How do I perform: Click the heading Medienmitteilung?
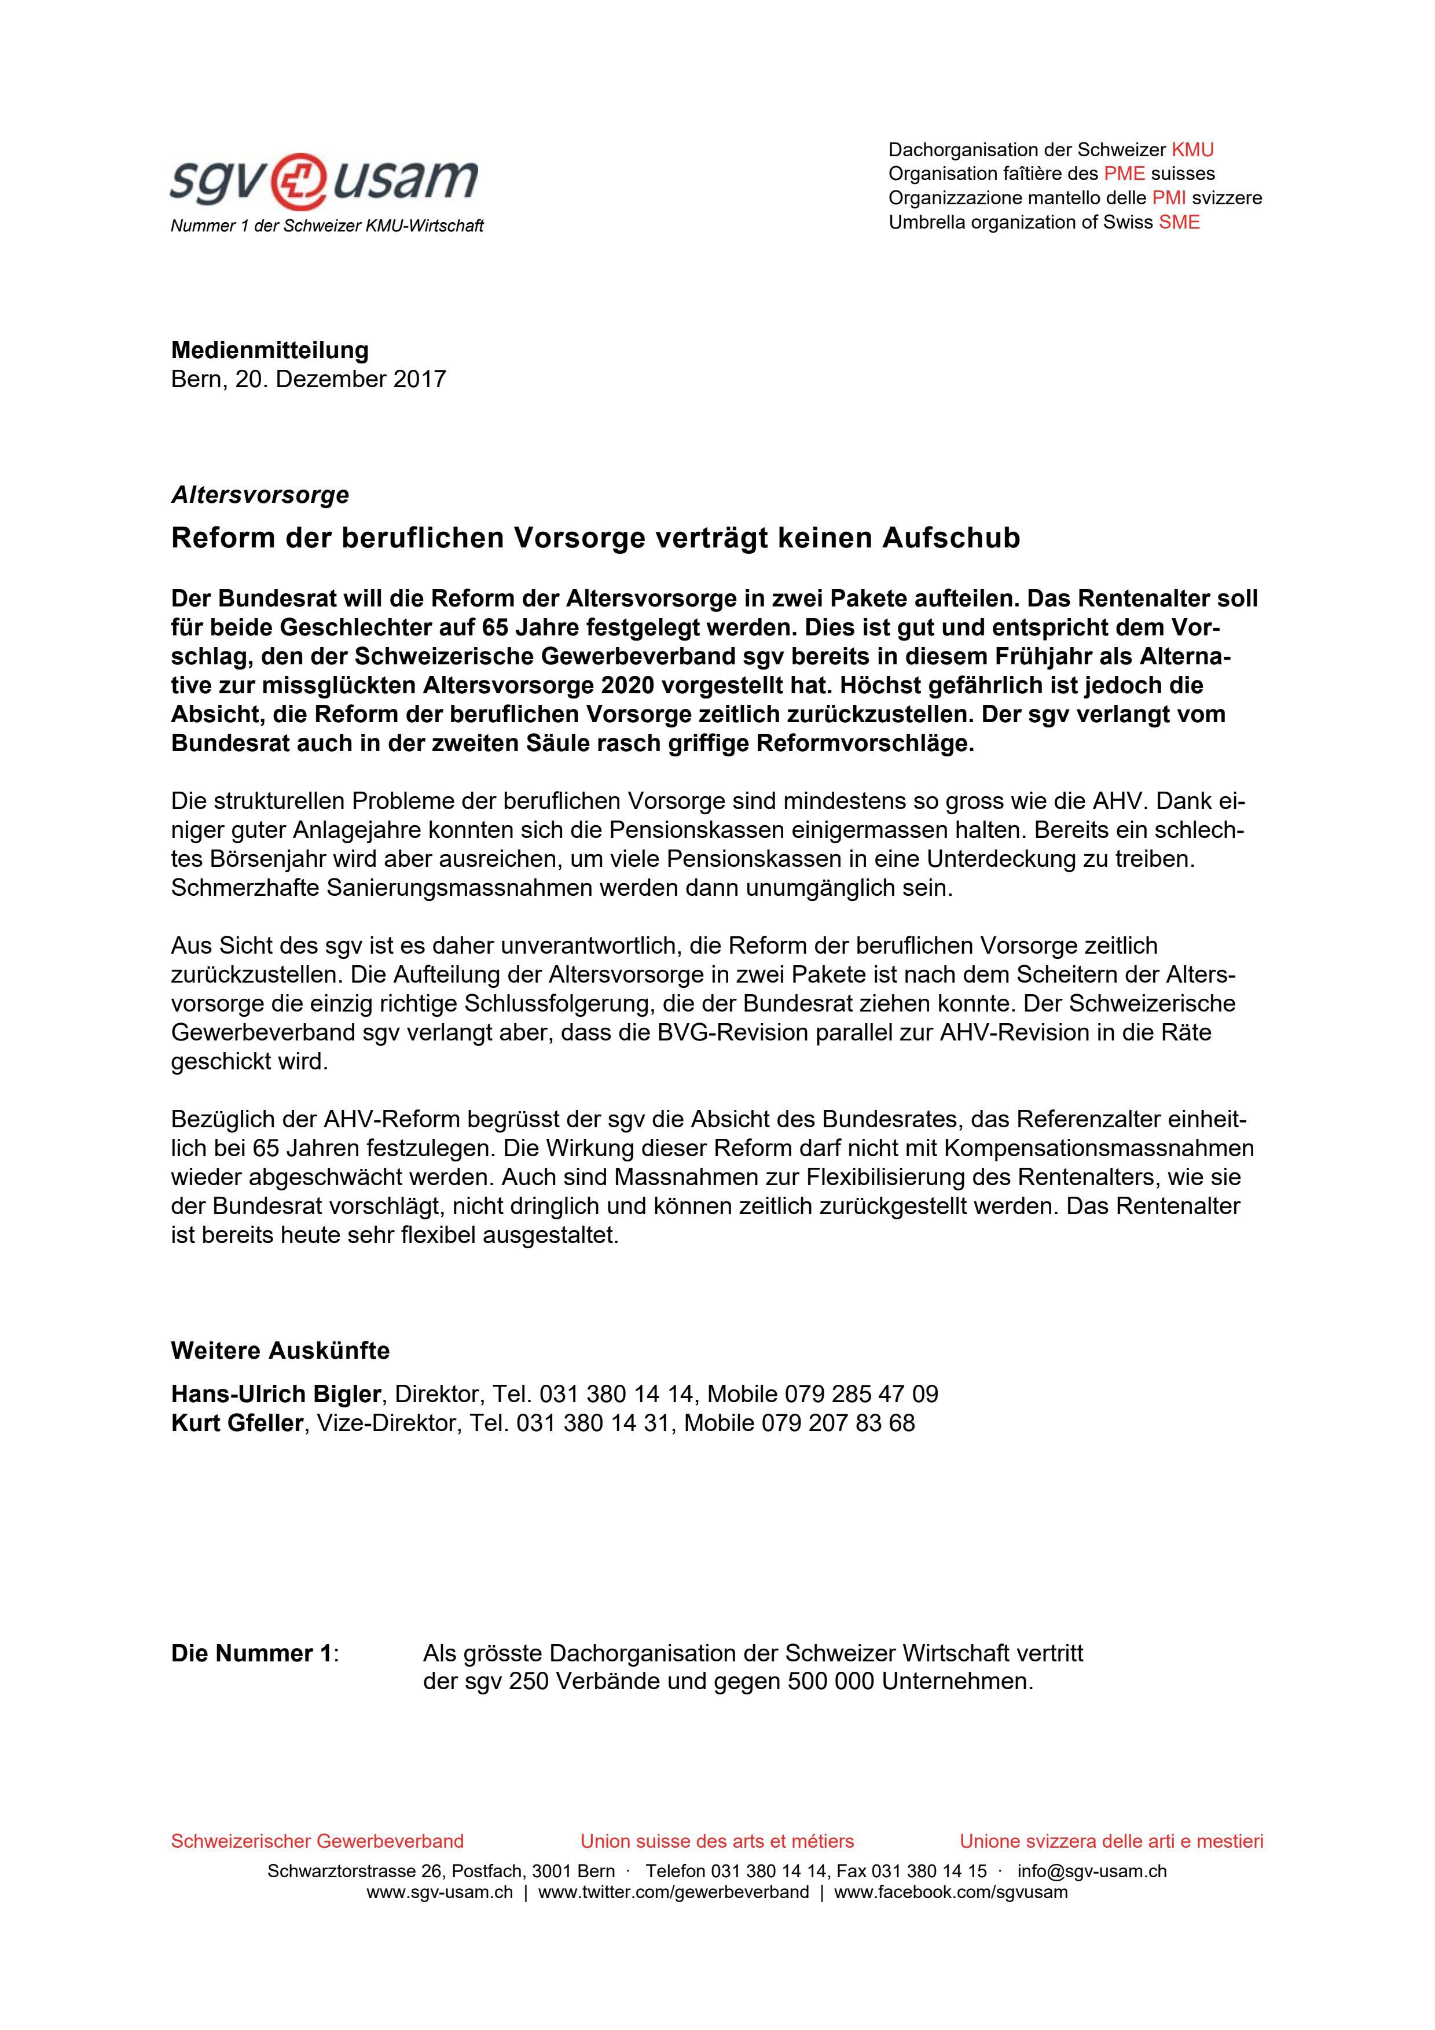[x=270, y=350]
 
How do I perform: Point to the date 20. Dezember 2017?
[x=340, y=379]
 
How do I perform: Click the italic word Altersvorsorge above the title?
[x=260, y=495]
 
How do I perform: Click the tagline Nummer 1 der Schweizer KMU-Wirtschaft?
[x=327, y=226]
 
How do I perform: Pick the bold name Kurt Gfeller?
[x=237, y=1424]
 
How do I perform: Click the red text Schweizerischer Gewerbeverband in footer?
[x=317, y=1842]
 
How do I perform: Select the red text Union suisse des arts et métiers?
[x=717, y=1842]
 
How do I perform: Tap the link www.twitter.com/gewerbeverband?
[x=673, y=1893]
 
